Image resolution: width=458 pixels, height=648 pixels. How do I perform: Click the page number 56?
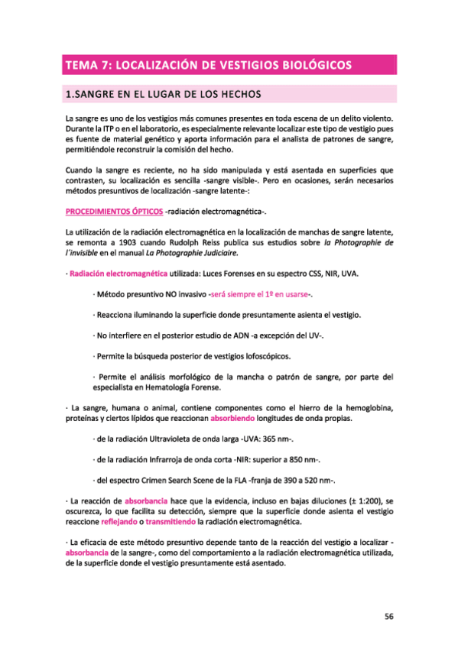[388, 617]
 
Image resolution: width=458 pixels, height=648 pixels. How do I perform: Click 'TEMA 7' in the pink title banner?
[88, 65]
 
